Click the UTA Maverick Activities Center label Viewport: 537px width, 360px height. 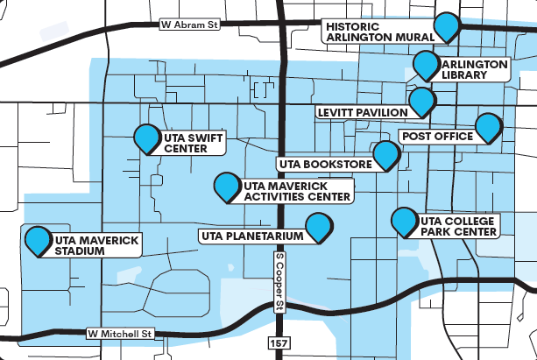tap(296, 192)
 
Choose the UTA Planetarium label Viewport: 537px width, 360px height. tap(251, 236)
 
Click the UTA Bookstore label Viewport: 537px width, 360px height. tap(323, 164)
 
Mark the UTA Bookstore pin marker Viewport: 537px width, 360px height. tap(385, 155)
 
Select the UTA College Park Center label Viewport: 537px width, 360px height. tap(459, 226)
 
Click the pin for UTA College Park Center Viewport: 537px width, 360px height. tap(404, 221)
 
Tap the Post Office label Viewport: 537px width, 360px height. tap(436, 137)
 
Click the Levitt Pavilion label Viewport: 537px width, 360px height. tap(361, 112)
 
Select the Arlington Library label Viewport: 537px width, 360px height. tap(474, 70)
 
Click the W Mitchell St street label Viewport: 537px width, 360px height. tap(120, 334)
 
